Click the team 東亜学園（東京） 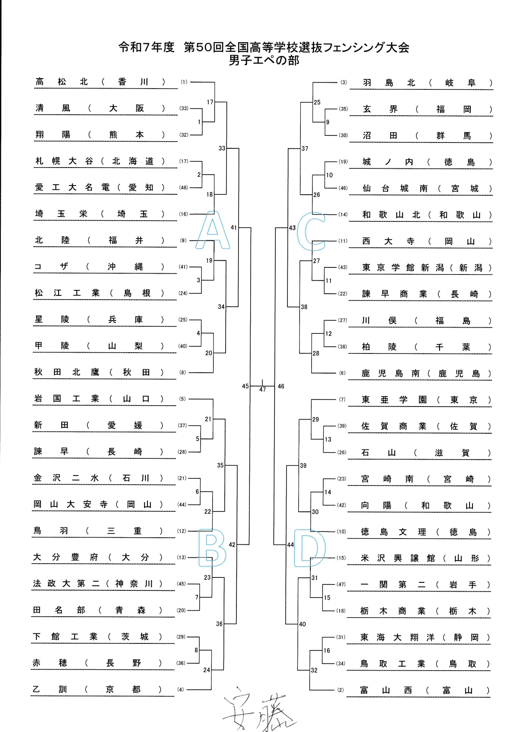tap(426, 400)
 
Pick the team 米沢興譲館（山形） tap(425, 558)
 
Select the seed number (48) tap(184, 188)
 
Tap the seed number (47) tap(341, 585)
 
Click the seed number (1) tap(184, 82)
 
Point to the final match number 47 tap(262, 389)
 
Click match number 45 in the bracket tap(245, 386)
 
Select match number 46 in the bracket tap(281, 386)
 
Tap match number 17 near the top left tap(210, 102)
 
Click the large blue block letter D tap(310, 548)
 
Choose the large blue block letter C tap(311, 231)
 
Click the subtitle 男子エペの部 tap(264, 61)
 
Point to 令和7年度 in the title tap(146, 47)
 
